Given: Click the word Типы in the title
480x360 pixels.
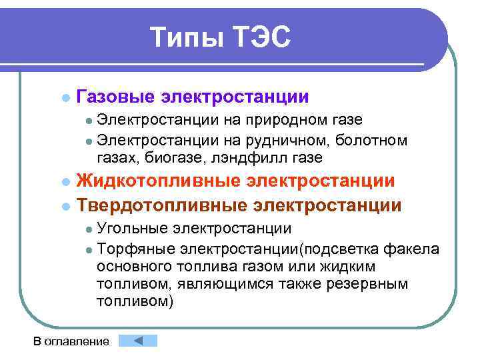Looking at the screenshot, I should [185, 37].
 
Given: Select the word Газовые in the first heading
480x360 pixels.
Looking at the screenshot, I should [116, 97].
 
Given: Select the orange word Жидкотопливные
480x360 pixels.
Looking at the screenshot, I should [159, 181].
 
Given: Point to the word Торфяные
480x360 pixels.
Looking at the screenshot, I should [132, 249].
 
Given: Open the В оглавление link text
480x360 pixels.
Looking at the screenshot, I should [71, 341].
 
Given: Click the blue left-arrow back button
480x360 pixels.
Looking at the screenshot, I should [137, 341].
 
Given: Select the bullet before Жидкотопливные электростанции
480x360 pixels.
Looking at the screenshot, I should [65, 182].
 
